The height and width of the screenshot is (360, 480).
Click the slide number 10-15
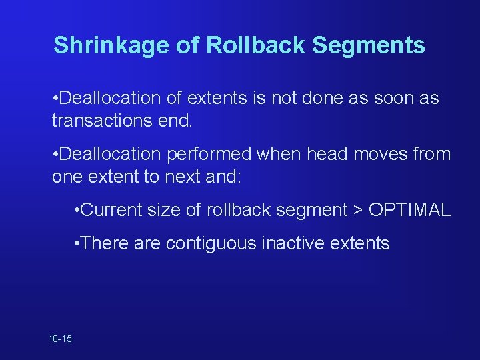(60, 339)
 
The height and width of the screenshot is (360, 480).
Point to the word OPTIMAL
(409, 210)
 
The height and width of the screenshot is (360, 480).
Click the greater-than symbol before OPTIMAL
(357, 211)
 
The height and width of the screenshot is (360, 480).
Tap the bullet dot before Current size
(79, 211)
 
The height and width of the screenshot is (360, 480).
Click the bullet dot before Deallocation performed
(55, 155)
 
